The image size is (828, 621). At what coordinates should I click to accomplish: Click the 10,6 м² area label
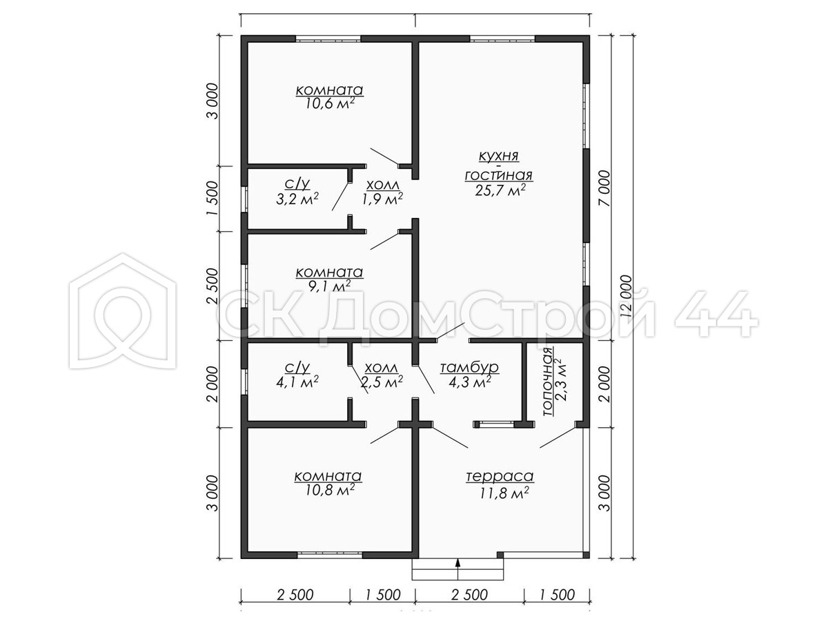[329, 103]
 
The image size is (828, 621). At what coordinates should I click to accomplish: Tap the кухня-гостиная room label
[499, 166]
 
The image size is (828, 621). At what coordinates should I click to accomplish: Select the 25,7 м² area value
[500, 190]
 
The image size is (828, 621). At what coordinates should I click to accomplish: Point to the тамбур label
[469, 367]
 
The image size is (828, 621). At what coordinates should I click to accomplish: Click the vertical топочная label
[548, 381]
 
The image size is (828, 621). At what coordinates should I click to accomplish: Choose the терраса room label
[500, 476]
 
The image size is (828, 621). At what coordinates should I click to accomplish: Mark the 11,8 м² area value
[504, 493]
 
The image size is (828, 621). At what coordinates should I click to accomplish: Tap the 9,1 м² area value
[329, 286]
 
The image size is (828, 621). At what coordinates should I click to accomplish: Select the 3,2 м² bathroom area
[297, 198]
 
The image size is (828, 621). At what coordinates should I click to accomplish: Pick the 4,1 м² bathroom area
[297, 381]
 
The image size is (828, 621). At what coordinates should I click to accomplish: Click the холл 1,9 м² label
[382, 192]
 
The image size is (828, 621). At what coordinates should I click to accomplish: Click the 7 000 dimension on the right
[604, 188]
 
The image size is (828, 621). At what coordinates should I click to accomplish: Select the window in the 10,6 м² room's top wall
[328, 39]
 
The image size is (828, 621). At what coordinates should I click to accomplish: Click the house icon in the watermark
[123, 311]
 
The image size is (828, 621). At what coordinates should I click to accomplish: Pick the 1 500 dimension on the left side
[213, 199]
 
